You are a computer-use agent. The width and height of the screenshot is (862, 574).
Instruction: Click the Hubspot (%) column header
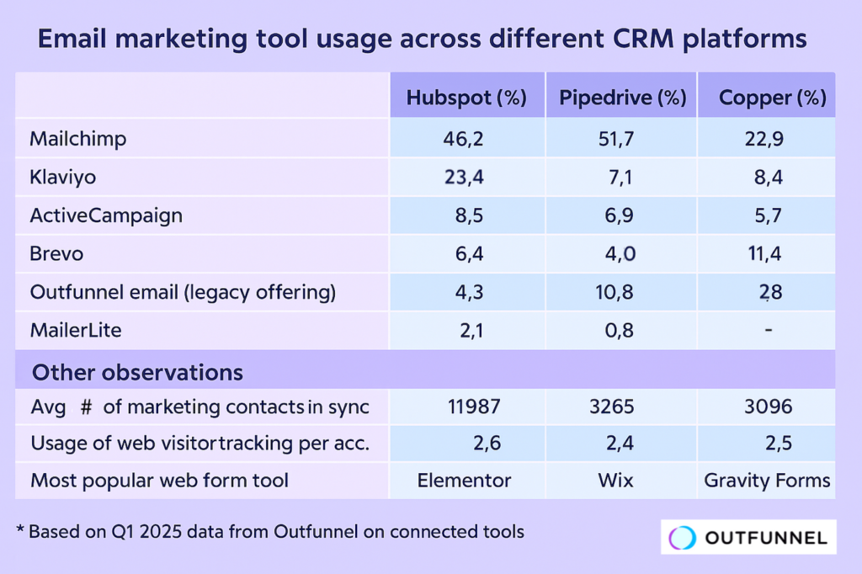pyautogui.click(x=466, y=98)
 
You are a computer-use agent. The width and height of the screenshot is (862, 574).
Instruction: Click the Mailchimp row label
pyautogui.click(x=77, y=139)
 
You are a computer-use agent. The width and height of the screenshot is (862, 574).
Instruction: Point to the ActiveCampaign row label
pyautogui.click(x=105, y=215)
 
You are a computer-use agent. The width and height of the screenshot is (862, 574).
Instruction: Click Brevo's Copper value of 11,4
pyautogui.click(x=764, y=254)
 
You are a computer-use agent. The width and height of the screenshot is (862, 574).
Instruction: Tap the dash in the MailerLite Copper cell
pyautogui.click(x=769, y=331)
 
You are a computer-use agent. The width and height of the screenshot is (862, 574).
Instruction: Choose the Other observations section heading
pyautogui.click(x=137, y=372)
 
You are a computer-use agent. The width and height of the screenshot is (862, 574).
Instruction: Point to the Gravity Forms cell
pyautogui.click(x=767, y=481)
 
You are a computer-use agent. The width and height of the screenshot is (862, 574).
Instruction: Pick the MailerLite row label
pyautogui.click(x=76, y=331)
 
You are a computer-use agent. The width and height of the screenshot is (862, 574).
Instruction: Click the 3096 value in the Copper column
pyautogui.click(x=768, y=407)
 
